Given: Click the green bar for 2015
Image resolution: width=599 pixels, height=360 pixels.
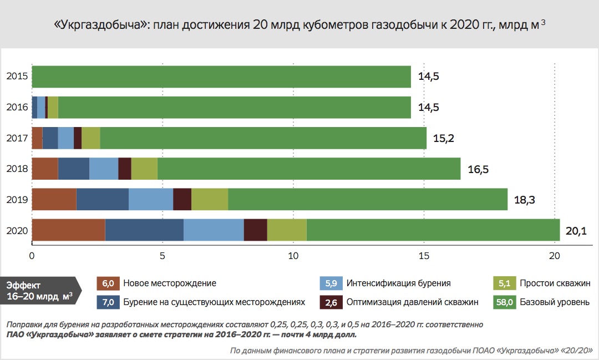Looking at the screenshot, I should (x=221, y=77).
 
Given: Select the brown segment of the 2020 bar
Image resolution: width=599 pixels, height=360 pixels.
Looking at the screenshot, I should (x=68, y=230).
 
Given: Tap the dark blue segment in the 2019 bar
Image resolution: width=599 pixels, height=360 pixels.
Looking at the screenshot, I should (x=102, y=199).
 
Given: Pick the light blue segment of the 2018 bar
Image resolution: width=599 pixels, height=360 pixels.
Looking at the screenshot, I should (x=104, y=169).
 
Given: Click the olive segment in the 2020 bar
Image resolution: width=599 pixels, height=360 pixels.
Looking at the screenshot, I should (x=287, y=230).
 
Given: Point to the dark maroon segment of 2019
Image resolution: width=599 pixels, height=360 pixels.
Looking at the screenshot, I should (x=182, y=199).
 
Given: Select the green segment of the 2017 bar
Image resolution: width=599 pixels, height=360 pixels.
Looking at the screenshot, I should (x=263, y=138).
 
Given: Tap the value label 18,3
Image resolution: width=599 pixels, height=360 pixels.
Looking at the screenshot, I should (x=524, y=200).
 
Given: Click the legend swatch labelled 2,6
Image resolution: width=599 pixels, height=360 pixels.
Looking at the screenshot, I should (x=331, y=302).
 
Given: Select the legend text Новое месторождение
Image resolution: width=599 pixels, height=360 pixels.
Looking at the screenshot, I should (x=169, y=283).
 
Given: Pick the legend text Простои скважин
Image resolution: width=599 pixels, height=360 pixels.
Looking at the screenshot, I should (x=555, y=283).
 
